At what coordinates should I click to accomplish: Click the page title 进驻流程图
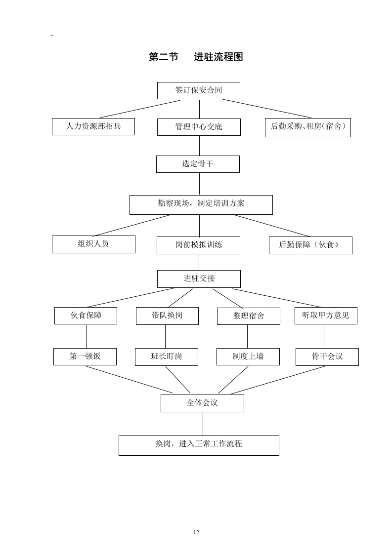click(x=196, y=57)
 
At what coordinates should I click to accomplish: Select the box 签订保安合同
click(x=198, y=90)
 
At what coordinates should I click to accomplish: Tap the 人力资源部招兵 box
click(x=93, y=126)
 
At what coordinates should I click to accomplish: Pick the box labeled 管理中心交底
click(x=199, y=127)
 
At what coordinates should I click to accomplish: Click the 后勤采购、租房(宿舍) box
click(x=307, y=127)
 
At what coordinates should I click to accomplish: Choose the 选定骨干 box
click(x=198, y=164)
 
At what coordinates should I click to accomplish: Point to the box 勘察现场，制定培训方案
click(x=201, y=204)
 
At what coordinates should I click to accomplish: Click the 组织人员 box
click(x=93, y=244)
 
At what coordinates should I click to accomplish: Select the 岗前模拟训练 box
click(x=198, y=245)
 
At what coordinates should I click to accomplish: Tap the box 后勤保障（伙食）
click(x=310, y=245)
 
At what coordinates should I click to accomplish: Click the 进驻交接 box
click(x=199, y=278)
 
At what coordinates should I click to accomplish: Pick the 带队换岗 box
click(x=167, y=316)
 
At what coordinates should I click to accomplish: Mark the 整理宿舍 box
click(x=248, y=316)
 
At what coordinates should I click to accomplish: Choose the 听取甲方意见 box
click(x=325, y=316)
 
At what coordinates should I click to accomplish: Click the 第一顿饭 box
click(x=85, y=356)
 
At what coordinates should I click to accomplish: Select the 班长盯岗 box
click(x=167, y=356)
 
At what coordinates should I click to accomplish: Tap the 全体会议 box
click(x=202, y=403)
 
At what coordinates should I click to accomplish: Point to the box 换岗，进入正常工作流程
click(x=199, y=445)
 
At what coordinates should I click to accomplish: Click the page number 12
click(x=196, y=532)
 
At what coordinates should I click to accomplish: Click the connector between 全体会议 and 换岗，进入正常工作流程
click(x=203, y=424)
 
